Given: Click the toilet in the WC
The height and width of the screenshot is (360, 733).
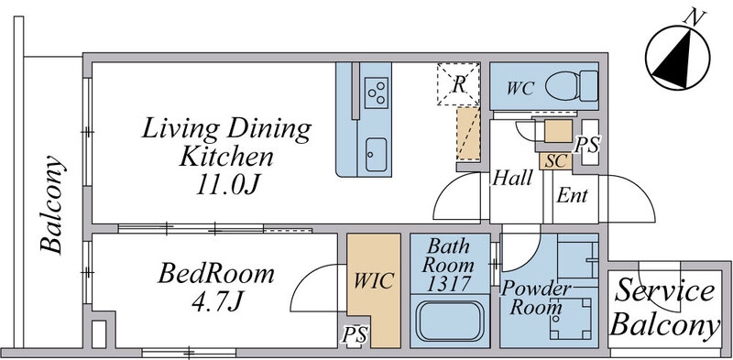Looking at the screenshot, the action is tap(572, 85).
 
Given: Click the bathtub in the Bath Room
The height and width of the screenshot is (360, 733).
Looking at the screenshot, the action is tap(450, 322).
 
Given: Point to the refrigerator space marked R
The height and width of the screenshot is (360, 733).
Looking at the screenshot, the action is tap(459, 83).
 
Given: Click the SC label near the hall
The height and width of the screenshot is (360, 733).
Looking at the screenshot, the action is tap(556, 161).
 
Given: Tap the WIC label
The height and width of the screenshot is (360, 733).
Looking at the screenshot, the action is tap(374, 280).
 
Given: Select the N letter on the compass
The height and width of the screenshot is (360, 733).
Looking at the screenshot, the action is tap(695, 18).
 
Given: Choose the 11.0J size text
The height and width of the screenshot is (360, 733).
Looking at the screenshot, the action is tap(227, 185).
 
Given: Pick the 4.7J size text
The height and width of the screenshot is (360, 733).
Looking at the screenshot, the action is tap(216, 300).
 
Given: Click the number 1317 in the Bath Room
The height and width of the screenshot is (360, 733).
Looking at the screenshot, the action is tap(450, 284).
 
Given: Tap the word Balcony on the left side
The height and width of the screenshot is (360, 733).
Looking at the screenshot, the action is tap(51, 204).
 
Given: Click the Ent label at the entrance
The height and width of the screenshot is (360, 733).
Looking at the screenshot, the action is tap(572, 195).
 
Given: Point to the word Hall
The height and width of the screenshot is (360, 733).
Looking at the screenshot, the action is tap(513, 178).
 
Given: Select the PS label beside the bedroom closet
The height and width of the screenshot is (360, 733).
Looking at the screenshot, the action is tap(356, 334).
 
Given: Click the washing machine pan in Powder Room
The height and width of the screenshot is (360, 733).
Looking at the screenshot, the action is tap(570, 318).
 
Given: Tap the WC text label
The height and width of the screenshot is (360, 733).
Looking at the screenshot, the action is tap(520, 88).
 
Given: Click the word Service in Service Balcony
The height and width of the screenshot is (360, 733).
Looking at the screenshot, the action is tap(664, 292).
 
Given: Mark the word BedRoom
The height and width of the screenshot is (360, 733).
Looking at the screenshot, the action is tap(216, 274).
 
